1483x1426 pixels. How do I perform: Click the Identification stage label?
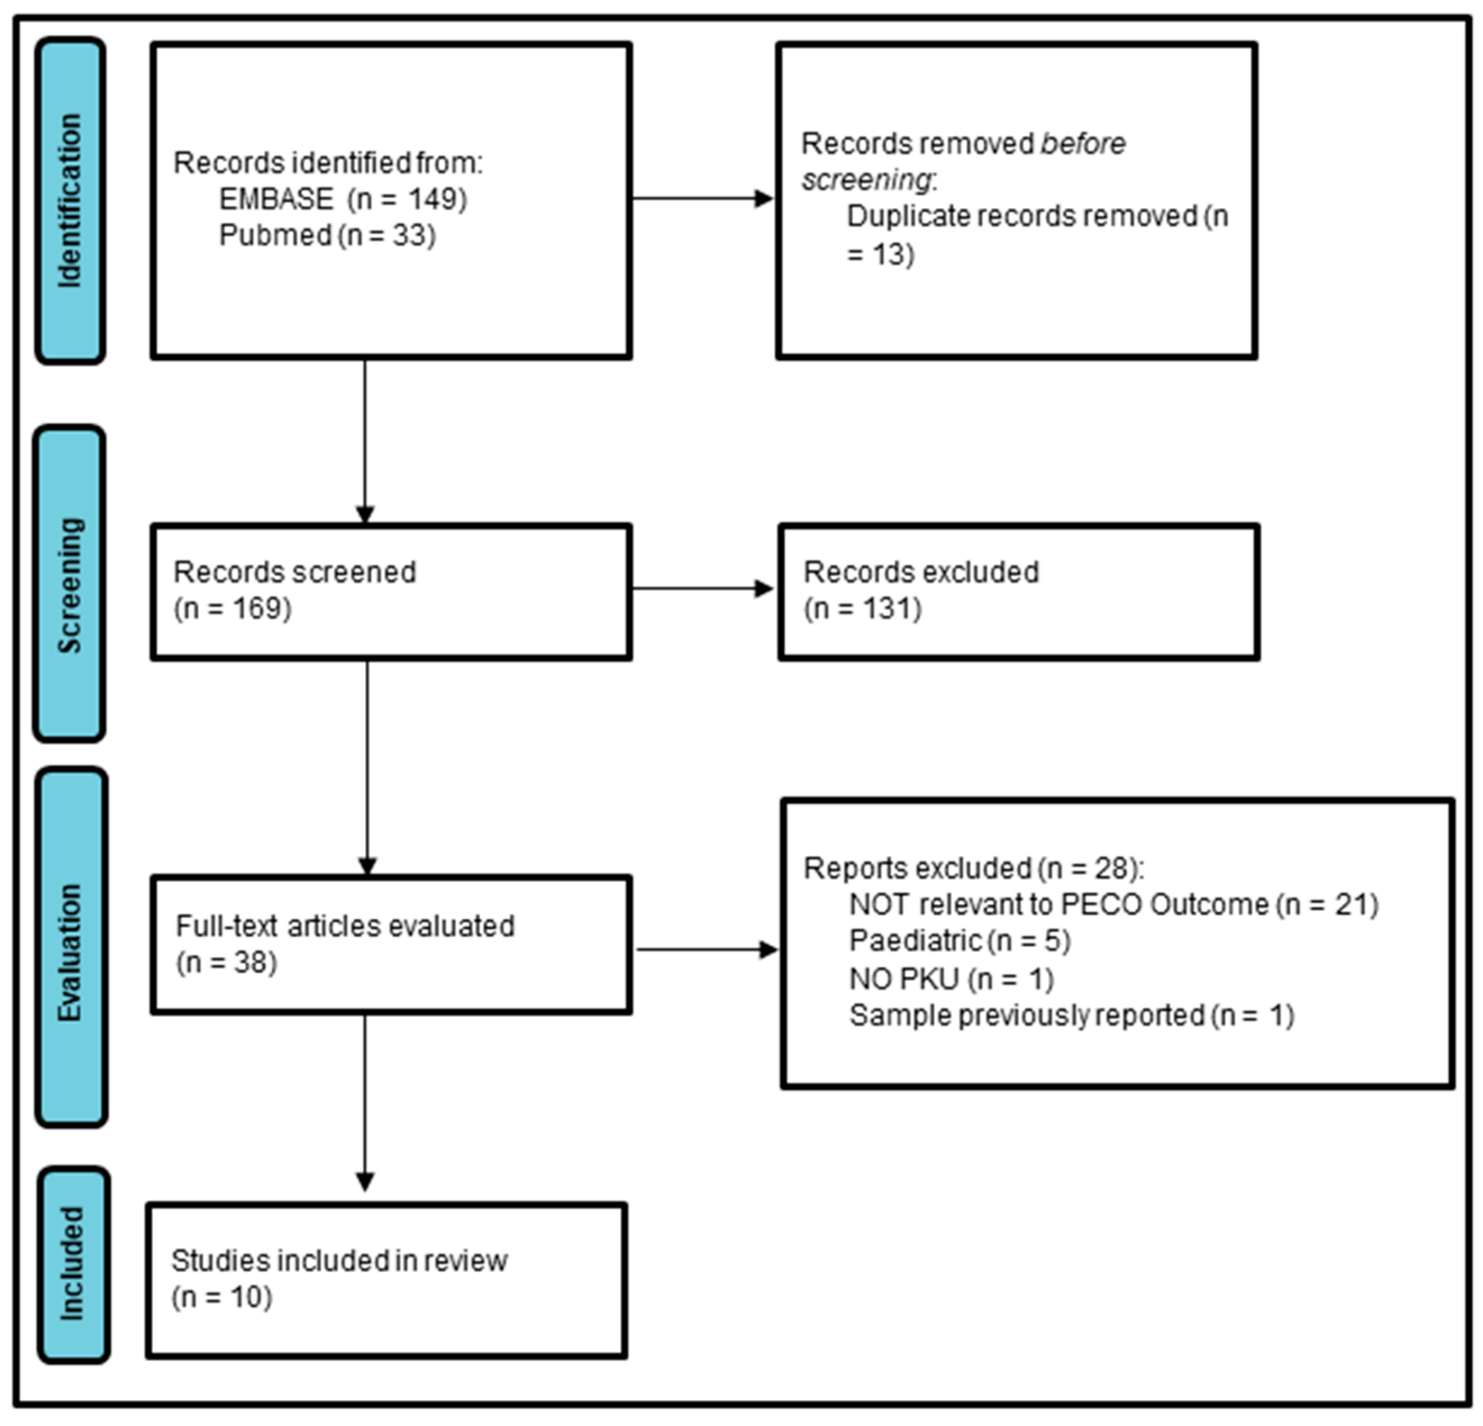tap(70, 201)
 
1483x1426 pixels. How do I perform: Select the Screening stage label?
tap(70, 584)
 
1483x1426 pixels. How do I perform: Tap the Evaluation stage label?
tap(70, 951)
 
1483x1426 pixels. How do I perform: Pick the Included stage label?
tap(72, 1263)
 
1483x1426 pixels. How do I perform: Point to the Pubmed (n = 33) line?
tap(327, 235)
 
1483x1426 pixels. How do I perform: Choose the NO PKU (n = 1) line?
tap(951, 979)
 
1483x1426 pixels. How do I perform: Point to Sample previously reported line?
tap(1071, 1015)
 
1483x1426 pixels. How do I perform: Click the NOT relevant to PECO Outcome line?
tap(1113, 905)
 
